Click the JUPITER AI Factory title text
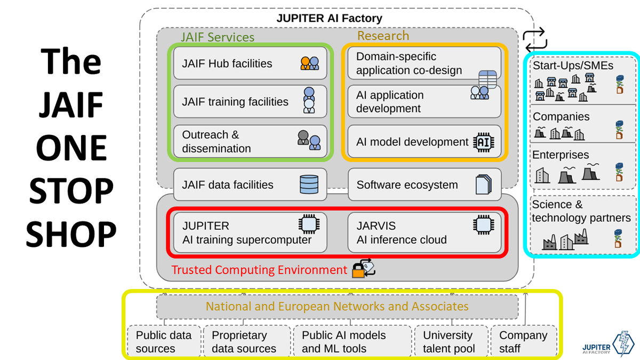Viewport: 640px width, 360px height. (x=329, y=18)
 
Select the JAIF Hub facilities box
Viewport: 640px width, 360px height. (x=250, y=64)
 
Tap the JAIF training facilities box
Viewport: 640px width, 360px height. (x=250, y=101)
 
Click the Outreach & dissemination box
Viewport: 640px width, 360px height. (x=250, y=141)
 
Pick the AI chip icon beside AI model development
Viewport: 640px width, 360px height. (x=484, y=142)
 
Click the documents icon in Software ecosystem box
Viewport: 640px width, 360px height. (x=483, y=185)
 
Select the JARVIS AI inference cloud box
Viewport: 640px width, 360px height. (x=425, y=233)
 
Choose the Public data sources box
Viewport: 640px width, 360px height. (x=164, y=342)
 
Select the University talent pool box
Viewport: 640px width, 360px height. (x=449, y=342)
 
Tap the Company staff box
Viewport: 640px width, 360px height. (x=524, y=342)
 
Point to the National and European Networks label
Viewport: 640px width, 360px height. (x=337, y=307)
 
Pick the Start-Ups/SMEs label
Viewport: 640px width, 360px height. (x=573, y=66)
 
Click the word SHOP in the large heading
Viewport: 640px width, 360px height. (x=71, y=234)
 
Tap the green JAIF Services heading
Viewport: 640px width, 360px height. (x=217, y=37)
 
